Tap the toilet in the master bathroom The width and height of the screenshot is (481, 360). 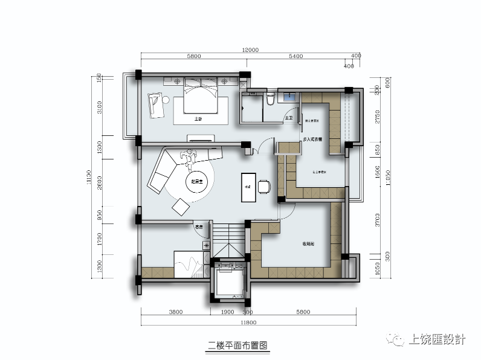pyautogui.click(x=271, y=98)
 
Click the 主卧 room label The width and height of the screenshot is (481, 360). pyautogui.click(x=198, y=120)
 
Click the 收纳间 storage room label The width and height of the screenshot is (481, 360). pyautogui.click(x=309, y=244)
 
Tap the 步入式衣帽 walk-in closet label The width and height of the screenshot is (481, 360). pyautogui.click(x=312, y=140)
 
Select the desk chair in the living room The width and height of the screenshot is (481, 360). pyautogui.click(x=265, y=186)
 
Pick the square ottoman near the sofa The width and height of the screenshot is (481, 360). pyautogui.click(x=181, y=207)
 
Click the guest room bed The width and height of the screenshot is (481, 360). pyautogui.click(x=191, y=266)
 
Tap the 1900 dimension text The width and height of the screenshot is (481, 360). pyautogui.click(x=228, y=313)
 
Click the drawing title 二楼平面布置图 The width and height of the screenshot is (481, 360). pyautogui.click(x=237, y=346)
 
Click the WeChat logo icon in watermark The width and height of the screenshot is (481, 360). pyautogui.click(x=399, y=340)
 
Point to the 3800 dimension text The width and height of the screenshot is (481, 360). pyautogui.click(x=175, y=313)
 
